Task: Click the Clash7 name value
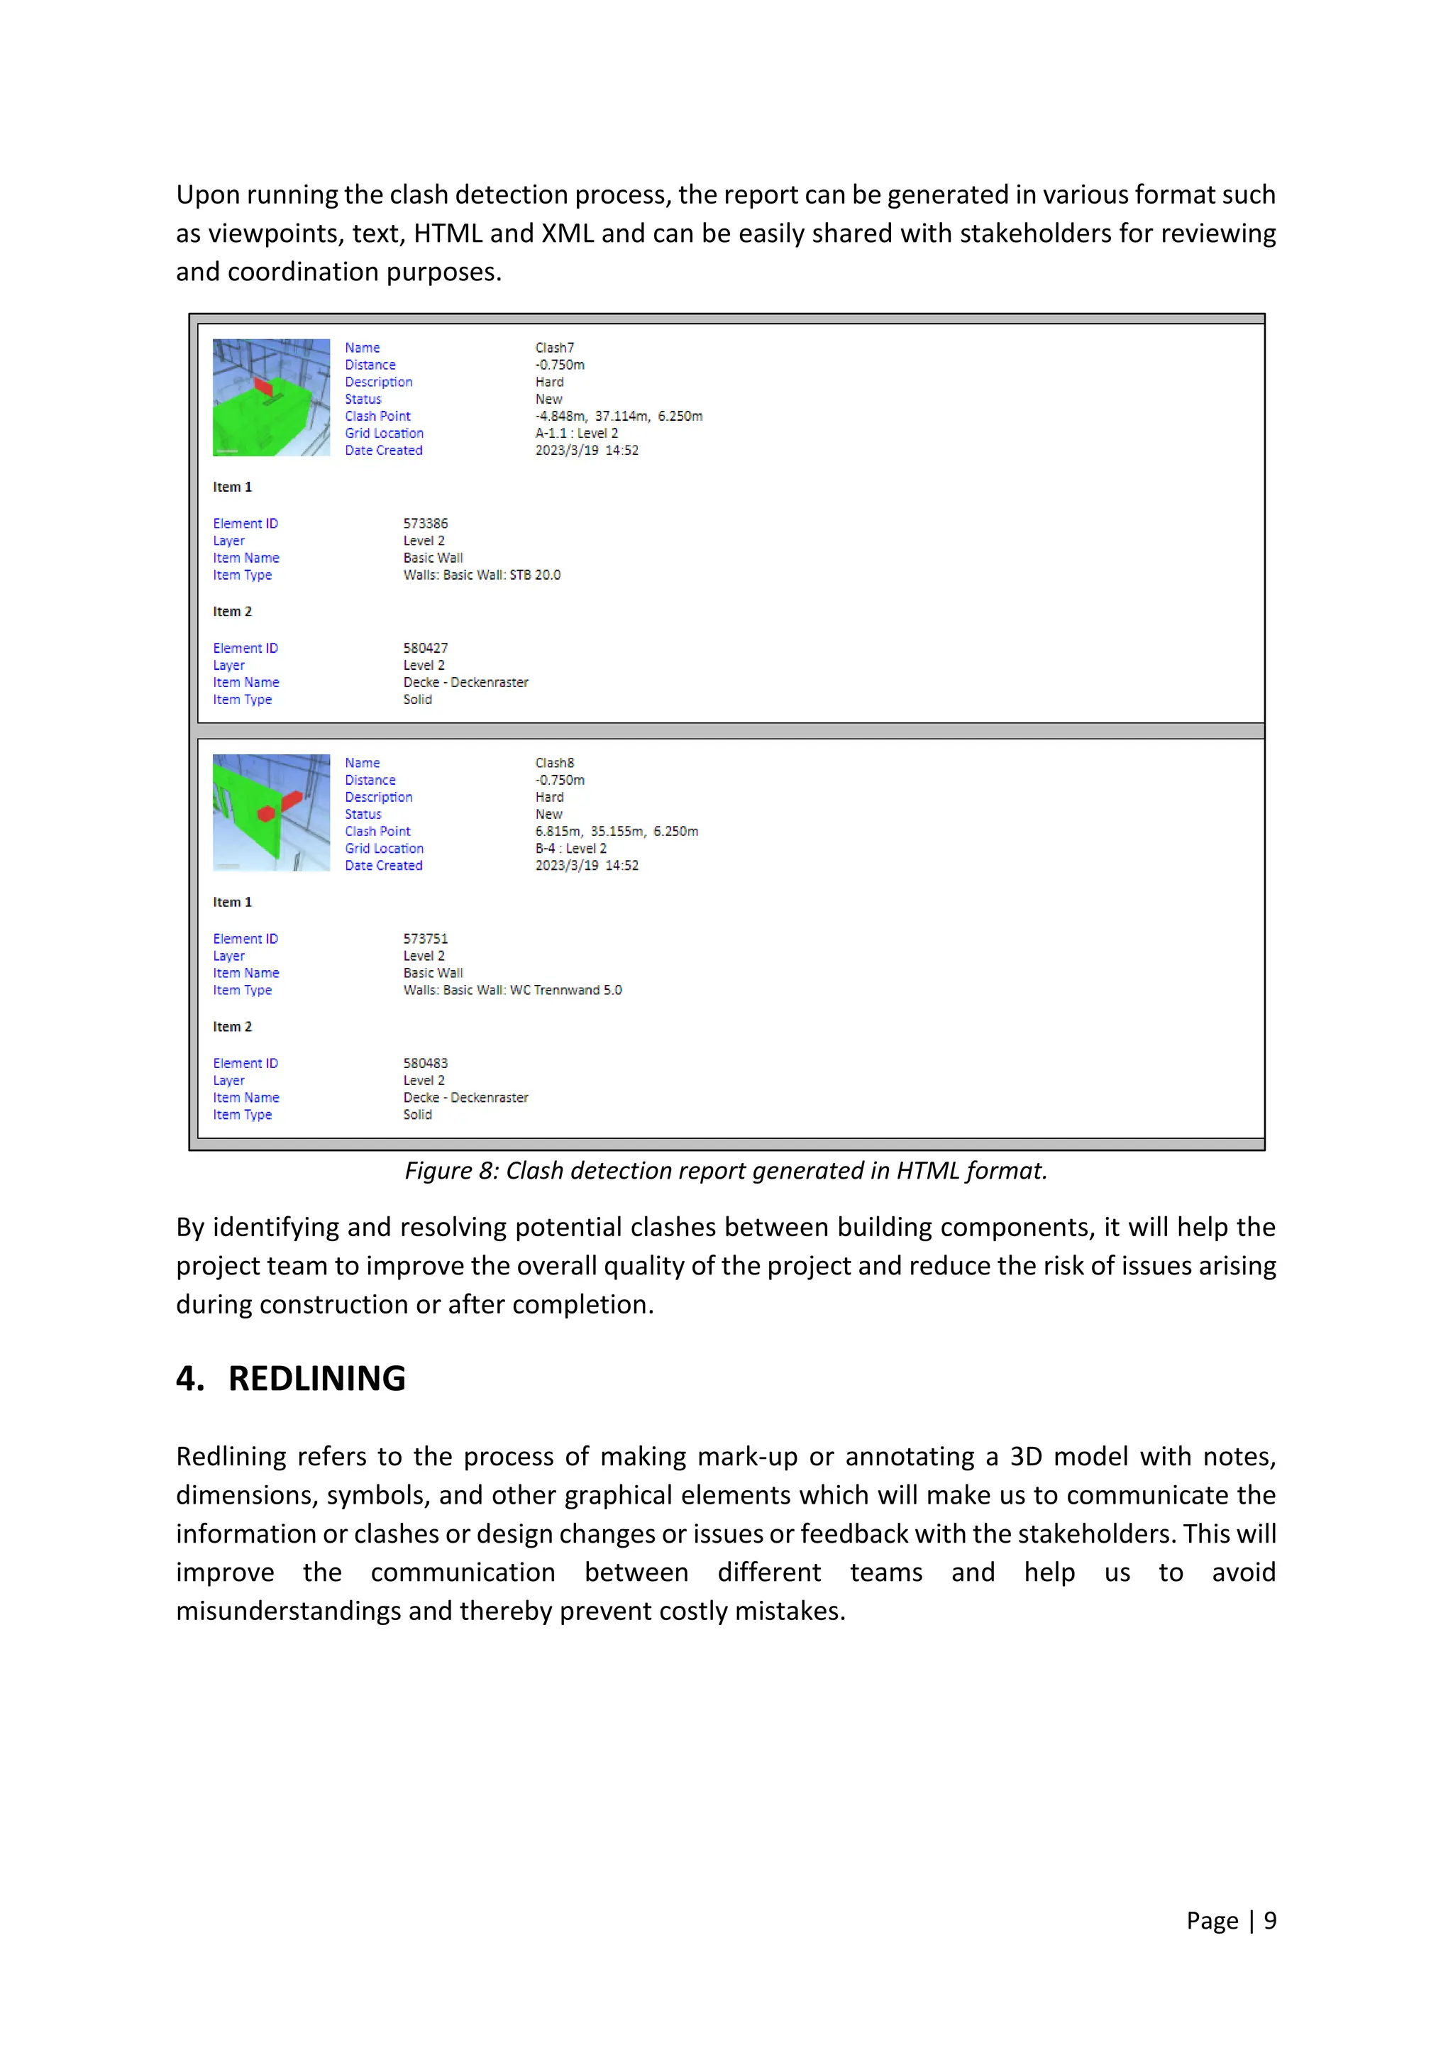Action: click(555, 347)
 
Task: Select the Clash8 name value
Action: click(555, 763)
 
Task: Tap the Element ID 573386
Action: click(425, 524)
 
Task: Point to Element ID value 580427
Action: click(425, 648)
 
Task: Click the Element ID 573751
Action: click(425, 939)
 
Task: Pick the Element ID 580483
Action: click(425, 1063)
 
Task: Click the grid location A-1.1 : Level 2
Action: click(576, 433)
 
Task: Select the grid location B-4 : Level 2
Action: click(571, 849)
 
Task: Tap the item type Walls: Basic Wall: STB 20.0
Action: click(481, 575)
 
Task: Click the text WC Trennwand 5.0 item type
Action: click(565, 990)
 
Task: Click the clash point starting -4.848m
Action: click(618, 417)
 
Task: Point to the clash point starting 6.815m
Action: click(617, 832)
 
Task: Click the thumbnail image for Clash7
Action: click(271, 397)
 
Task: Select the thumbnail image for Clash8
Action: click(271, 812)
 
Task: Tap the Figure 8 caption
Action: click(726, 1171)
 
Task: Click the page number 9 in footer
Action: click(1269, 1921)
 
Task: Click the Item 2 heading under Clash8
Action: click(233, 1027)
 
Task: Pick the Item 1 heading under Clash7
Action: click(233, 487)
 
